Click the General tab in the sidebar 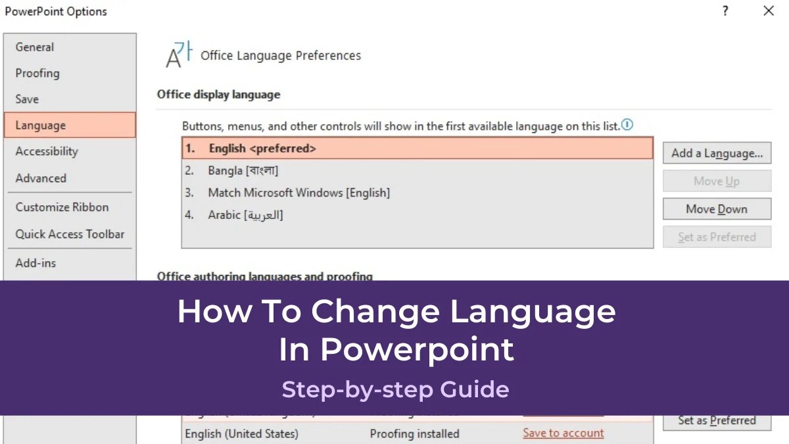point(35,47)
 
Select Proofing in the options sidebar point(37,73)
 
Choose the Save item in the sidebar point(27,99)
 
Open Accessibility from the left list point(47,151)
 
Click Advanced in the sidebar point(41,178)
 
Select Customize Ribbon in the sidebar point(62,207)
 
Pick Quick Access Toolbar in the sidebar point(70,234)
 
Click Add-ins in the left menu point(36,263)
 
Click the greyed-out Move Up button point(717,182)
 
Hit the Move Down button point(717,209)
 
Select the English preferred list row point(417,149)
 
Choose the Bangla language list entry point(243,171)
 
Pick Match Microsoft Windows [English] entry point(299,193)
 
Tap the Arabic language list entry point(245,215)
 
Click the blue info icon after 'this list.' point(627,125)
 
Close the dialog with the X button point(768,11)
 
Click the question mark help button point(725,11)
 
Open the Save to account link point(563,433)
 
